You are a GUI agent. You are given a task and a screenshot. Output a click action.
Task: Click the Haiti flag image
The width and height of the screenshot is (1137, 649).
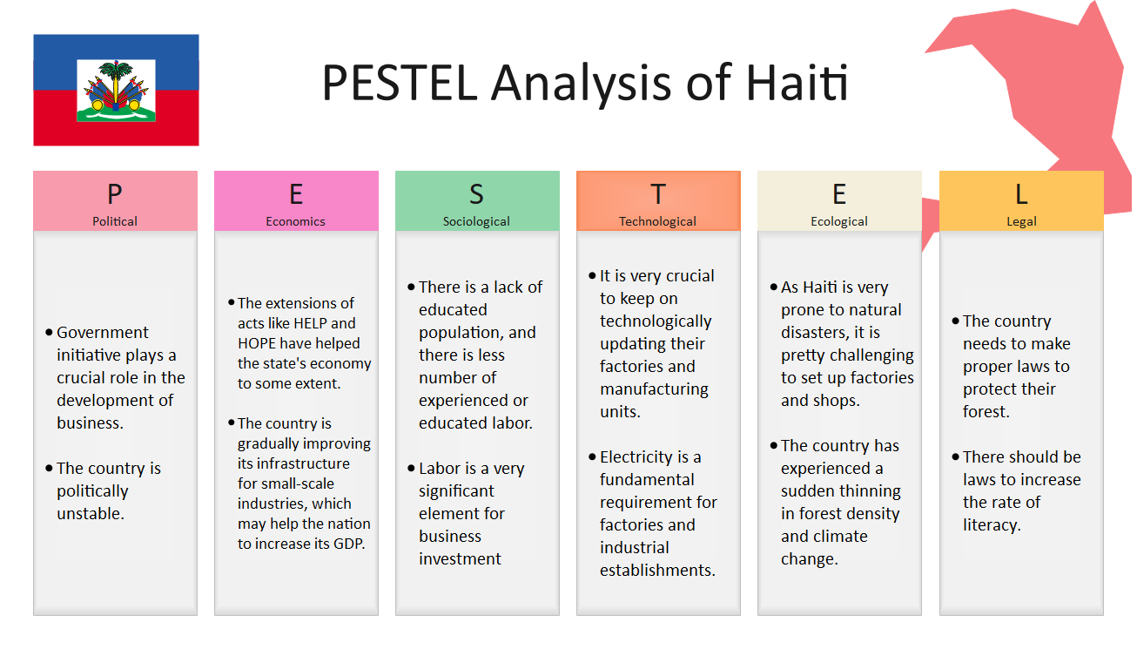(x=117, y=91)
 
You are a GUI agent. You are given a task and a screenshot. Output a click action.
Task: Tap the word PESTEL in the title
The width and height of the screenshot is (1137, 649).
(x=400, y=82)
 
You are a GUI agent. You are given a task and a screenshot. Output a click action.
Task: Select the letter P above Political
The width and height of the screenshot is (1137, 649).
(x=115, y=194)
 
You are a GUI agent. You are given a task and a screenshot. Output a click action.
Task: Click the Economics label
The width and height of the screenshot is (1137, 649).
(x=295, y=221)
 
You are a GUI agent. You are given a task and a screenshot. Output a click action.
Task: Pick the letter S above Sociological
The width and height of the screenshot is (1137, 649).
(x=476, y=194)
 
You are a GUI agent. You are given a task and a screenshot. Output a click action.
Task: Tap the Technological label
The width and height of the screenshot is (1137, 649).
(x=657, y=221)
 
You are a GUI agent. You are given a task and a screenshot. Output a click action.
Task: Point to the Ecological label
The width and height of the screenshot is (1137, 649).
(x=839, y=221)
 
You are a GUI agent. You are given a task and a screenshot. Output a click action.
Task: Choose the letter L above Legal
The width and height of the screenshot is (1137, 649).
(x=1021, y=194)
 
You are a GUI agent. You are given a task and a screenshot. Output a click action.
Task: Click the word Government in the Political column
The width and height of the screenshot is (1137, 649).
(x=103, y=332)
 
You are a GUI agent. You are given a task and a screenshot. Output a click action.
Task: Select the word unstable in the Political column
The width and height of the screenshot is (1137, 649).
(x=91, y=513)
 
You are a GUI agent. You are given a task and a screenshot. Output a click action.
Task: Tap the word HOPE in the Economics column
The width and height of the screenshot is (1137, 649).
(x=258, y=343)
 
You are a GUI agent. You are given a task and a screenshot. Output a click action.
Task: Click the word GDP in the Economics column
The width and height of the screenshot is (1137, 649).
(x=349, y=544)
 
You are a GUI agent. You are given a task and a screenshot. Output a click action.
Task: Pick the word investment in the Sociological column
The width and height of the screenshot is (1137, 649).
(x=460, y=558)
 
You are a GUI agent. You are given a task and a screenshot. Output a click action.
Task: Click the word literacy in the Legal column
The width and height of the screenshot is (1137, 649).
(x=992, y=525)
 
